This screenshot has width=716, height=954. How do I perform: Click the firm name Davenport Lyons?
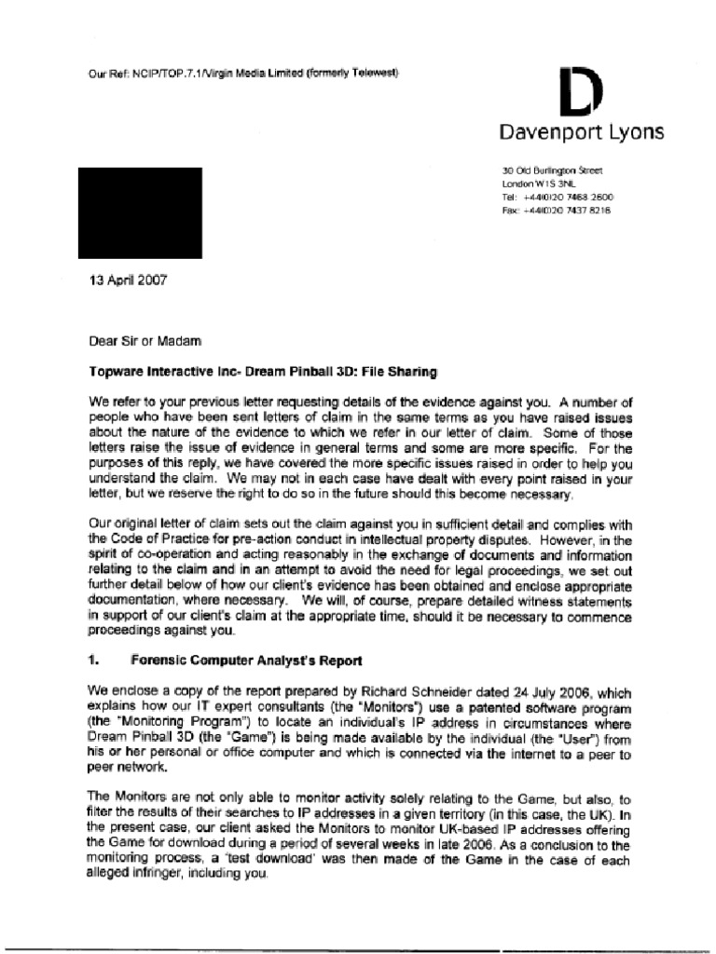pos(582,132)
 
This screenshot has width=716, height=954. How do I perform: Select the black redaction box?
pos(140,212)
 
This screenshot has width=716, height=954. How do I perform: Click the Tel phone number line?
pos(557,198)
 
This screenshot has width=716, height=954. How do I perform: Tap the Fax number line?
pos(557,211)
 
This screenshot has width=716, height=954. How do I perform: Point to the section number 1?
pos(94,661)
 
